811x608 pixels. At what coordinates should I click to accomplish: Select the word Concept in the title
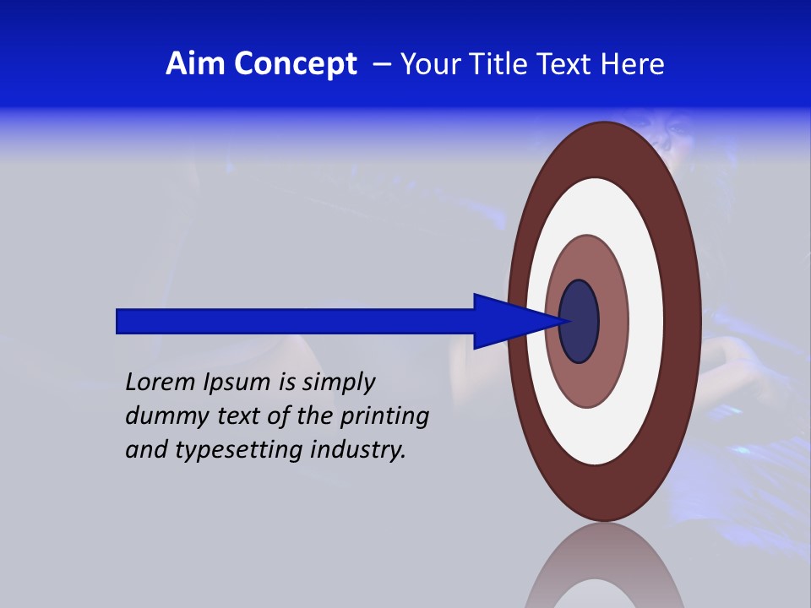pos(296,65)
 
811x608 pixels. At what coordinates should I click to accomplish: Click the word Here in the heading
pos(632,64)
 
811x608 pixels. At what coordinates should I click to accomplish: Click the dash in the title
pos(382,65)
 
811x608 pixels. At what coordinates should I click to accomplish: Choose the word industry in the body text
pos(358,450)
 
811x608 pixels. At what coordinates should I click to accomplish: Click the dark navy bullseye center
pos(580,322)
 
